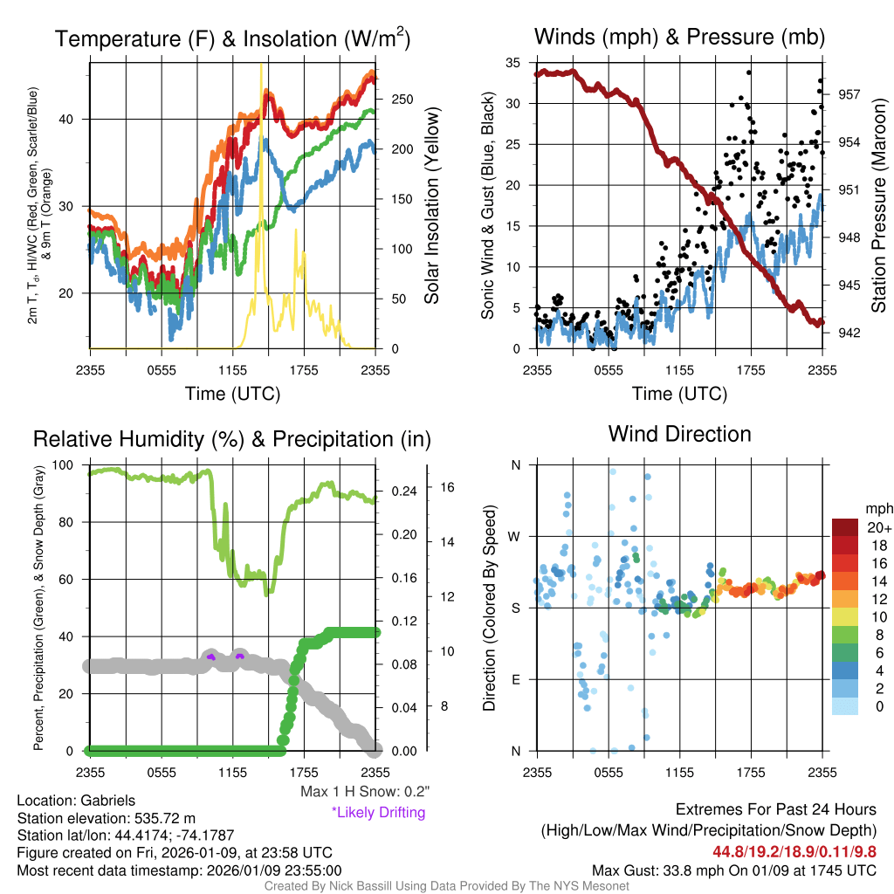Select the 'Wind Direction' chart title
point(679,434)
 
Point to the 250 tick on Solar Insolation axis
point(401,100)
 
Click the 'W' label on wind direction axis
point(515,536)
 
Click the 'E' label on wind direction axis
point(515,679)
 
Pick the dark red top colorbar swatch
point(845,527)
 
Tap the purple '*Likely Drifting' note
point(378,812)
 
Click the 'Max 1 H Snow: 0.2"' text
point(364,792)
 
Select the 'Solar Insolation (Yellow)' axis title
point(431,206)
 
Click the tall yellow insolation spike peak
point(260,66)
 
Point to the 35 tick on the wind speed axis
point(513,63)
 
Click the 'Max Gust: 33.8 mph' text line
point(734,870)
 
